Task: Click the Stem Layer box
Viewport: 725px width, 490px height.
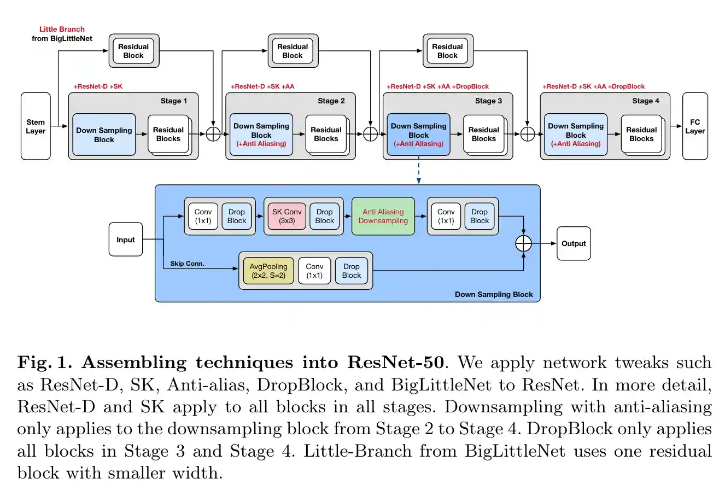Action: click(36, 126)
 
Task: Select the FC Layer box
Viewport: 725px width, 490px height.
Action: click(695, 126)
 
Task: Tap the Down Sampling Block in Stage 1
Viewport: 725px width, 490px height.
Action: click(104, 135)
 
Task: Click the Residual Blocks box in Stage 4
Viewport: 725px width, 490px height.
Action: click(641, 134)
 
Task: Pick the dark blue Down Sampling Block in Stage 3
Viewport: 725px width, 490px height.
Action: click(418, 135)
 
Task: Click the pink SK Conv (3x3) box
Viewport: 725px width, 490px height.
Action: click(287, 216)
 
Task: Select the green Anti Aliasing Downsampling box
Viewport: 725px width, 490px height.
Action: click(383, 216)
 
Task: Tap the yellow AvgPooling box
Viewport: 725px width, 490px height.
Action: click(268, 271)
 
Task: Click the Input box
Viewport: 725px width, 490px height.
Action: click(126, 240)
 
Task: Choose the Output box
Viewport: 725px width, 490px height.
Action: click(574, 243)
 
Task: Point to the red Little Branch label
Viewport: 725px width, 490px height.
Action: click(62, 29)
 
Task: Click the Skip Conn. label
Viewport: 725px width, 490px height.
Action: click(187, 264)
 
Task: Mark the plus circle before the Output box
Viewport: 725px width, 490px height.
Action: click(524, 243)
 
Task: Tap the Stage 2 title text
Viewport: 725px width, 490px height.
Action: click(331, 101)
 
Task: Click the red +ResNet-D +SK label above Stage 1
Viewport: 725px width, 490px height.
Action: click(98, 86)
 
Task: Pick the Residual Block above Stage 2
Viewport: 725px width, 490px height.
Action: click(293, 51)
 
